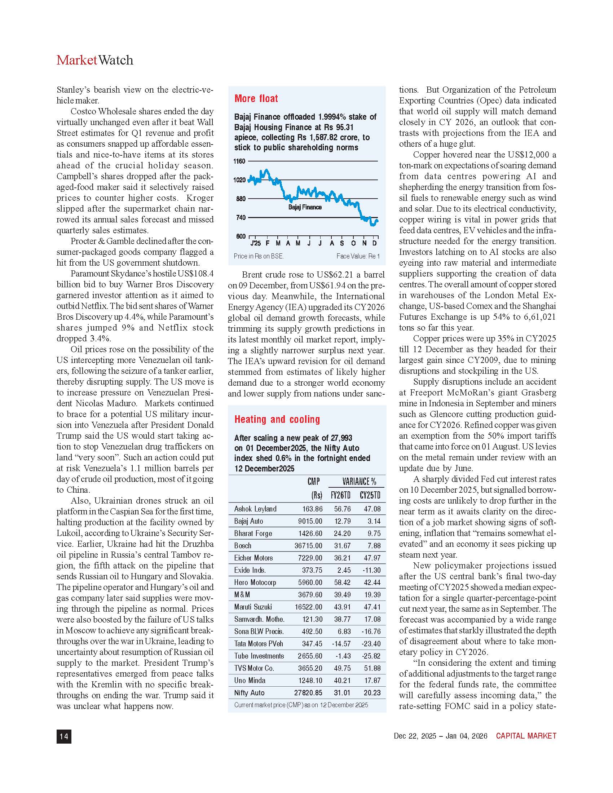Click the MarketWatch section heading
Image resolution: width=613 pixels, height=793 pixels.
pos(95,60)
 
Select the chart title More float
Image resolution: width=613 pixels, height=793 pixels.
pos(256,99)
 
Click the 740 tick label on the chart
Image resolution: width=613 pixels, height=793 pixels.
pos(241,217)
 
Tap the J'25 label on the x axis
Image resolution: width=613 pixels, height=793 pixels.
pos(255,243)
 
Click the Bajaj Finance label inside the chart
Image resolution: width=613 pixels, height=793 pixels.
pos(305,207)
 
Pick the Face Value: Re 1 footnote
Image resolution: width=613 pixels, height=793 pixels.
pos(358,256)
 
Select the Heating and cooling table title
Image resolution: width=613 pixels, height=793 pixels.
pos(277,419)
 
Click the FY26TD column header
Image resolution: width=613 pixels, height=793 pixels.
pos(340,495)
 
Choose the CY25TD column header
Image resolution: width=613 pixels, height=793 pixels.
pos(370,495)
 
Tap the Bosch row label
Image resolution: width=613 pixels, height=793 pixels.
pos(243,546)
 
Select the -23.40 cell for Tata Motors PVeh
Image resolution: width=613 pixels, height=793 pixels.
pos(371,644)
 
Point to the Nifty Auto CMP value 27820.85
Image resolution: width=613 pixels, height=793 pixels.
pos(308,693)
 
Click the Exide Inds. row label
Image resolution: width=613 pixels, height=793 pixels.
pos(250,571)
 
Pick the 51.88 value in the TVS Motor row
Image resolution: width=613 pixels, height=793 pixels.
pos(372,668)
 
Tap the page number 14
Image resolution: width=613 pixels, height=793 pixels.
pos(64,736)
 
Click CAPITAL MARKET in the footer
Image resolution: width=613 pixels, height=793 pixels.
pos(526,736)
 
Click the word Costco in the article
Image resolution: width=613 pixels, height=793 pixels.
pos(83,111)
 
